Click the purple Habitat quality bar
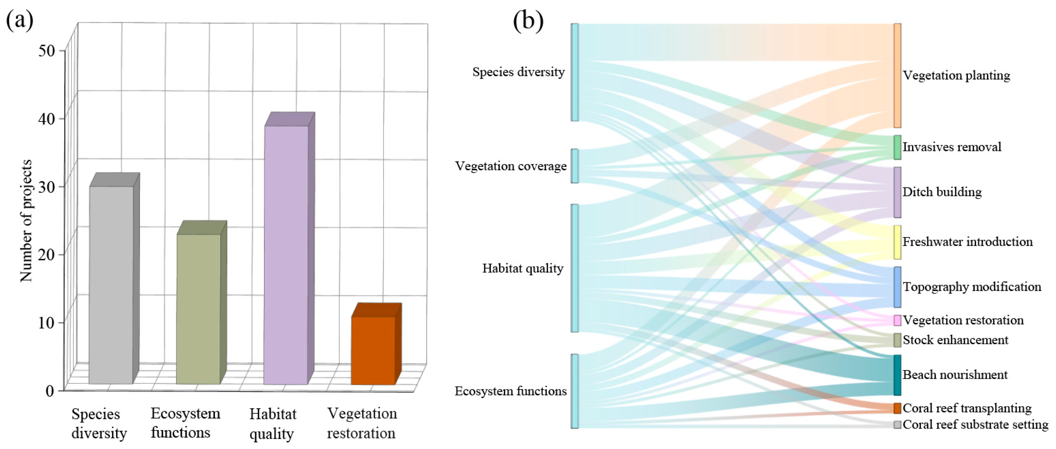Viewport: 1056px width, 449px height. click(x=286, y=254)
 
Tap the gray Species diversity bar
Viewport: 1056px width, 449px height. click(x=111, y=285)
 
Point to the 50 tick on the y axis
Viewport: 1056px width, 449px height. click(x=46, y=51)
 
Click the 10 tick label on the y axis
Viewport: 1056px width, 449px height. click(x=46, y=323)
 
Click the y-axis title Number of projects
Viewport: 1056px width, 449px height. click(x=26, y=221)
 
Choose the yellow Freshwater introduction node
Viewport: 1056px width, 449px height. click(x=897, y=242)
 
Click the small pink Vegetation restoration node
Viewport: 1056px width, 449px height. click(x=897, y=320)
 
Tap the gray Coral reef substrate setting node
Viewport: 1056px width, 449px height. click(x=897, y=425)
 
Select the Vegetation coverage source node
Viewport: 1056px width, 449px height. click(x=575, y=166)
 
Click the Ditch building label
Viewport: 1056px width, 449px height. click(x=942, y=192)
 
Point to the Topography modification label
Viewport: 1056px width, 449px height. click(x=972, y=287)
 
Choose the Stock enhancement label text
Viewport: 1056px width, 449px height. click(x=955, y=340)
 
